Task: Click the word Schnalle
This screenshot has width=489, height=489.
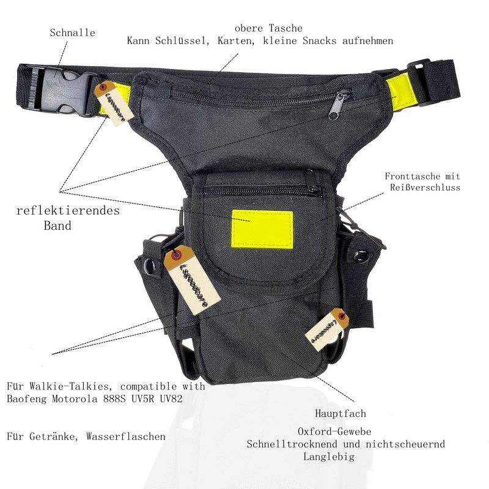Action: [72, 32]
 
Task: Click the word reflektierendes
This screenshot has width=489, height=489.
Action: [68, 211]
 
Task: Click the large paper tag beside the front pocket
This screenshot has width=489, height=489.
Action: [191, 279]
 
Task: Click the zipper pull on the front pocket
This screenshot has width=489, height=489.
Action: [314, 182]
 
